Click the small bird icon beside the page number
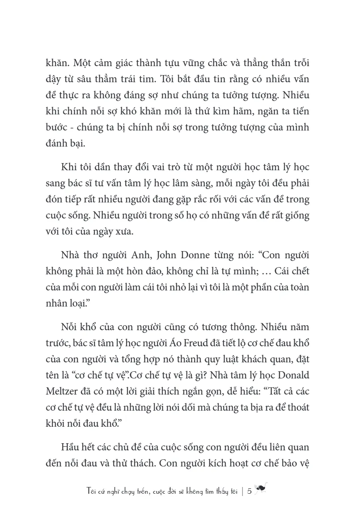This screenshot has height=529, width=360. [x=260, y=488]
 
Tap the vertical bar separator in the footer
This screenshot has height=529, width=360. [x=241, y=490]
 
